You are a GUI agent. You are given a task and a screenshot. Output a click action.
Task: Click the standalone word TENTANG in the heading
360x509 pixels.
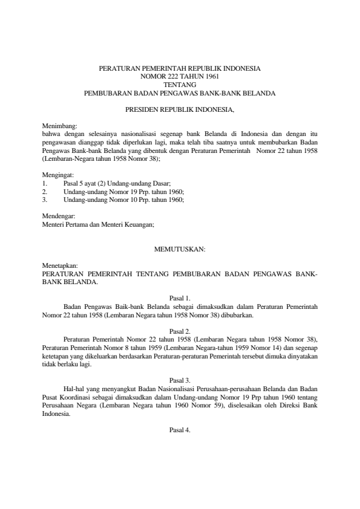coord(180,85)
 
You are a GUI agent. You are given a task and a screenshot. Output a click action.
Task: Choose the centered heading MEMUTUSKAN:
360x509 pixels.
coord(180,248)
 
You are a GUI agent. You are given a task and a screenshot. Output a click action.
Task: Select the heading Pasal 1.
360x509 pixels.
coord(180,298)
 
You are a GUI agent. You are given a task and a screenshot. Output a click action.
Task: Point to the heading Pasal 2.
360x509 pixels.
coord(180,331)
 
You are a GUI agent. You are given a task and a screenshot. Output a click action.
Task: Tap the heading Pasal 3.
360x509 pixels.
coord(180,380)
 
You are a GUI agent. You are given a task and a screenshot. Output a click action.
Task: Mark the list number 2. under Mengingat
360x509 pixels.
coord(45,191)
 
